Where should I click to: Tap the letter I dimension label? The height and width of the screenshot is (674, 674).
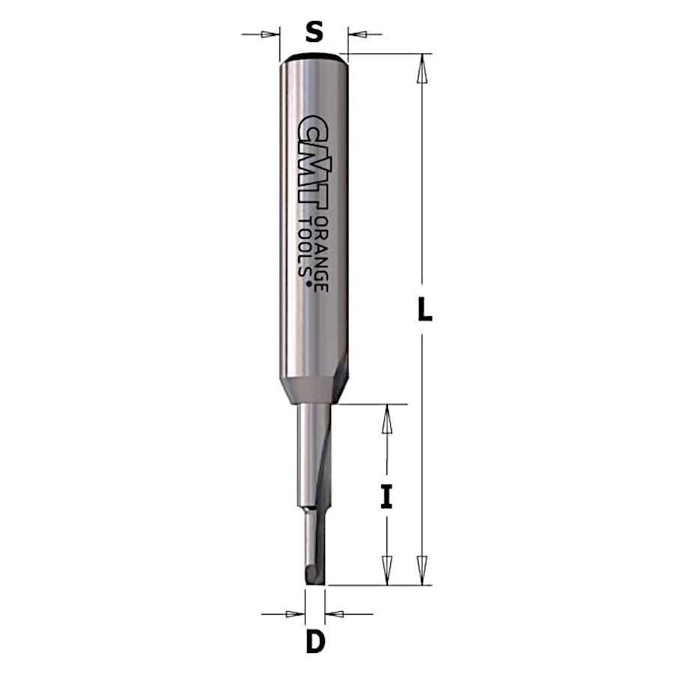387,496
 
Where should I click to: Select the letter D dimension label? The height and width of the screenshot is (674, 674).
315,642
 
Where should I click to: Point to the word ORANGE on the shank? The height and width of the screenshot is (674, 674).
321,254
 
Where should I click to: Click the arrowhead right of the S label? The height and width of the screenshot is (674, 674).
358,34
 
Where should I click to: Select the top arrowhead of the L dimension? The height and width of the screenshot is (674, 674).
422,68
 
